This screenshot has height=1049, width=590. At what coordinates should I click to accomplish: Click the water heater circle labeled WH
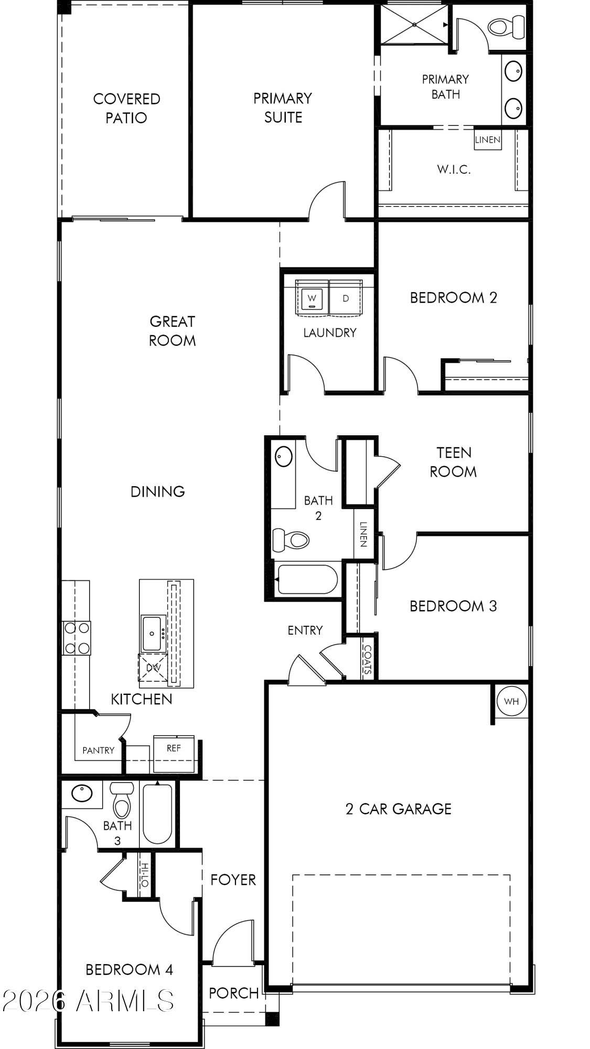tap(511, 701)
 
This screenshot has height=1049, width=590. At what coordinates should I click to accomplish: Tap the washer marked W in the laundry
tap(313, 298)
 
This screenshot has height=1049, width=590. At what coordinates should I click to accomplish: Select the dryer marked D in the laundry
tap(346, 298)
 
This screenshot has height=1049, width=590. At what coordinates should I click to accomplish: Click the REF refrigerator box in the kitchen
tap(174, 754)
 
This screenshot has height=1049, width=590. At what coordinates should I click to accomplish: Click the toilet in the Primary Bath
tap(506, 27)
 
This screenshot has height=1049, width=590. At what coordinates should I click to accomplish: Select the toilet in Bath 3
tap(122, 800)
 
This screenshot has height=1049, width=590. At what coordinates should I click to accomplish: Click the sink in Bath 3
tap(82, 794)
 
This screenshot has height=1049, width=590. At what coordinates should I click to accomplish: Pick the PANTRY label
tap(98, 751)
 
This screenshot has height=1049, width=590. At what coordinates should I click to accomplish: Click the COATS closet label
tap(367, 659)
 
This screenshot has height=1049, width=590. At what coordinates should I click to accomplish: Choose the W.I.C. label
tap(454, 169)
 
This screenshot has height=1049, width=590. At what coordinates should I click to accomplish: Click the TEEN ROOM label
tap(454, 462)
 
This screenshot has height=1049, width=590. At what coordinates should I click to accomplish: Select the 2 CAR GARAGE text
tap(399, 809)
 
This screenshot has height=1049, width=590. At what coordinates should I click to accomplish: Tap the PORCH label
tap(234, 993)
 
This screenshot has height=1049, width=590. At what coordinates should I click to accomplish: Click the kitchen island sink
tap(152, 634)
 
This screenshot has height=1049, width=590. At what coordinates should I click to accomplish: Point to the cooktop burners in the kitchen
tap(77, 638)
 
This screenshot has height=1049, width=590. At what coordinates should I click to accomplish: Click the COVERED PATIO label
tap(126, 108)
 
